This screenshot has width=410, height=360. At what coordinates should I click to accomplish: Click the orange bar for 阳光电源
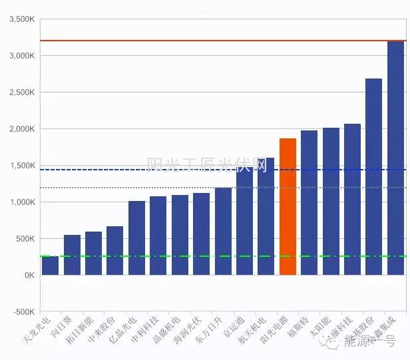288,206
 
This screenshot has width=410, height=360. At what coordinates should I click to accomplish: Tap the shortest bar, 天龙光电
50,266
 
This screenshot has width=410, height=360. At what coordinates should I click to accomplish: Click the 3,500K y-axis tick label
21,19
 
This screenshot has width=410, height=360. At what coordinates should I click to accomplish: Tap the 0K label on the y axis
28,275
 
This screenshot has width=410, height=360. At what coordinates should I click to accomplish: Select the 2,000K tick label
21,129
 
